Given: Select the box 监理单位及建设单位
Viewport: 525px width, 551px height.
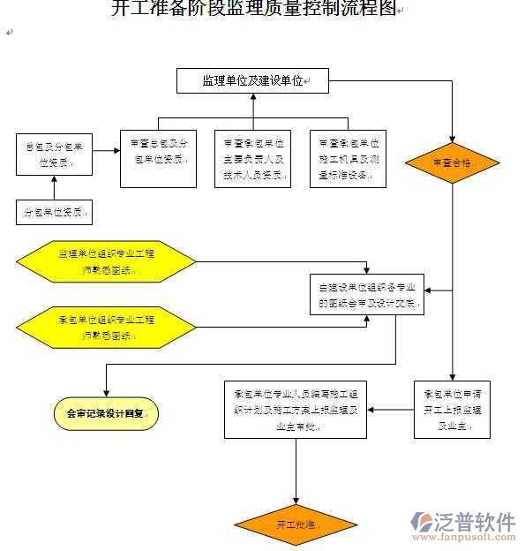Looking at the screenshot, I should coord(252,81).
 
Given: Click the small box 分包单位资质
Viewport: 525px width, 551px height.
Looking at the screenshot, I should coord(54,213).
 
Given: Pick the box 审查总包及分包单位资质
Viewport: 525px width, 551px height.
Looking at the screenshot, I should coord(157,157).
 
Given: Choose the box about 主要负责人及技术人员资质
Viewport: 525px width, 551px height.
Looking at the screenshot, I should coord(252,158).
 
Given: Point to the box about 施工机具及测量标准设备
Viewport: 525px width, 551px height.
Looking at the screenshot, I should coord(349,158).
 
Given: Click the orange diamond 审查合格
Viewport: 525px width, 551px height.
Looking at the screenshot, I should coord(453,163).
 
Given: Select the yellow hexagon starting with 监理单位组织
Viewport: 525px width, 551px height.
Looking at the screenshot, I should coord(106,261).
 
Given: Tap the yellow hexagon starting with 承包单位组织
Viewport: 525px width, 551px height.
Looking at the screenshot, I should coord(106,327).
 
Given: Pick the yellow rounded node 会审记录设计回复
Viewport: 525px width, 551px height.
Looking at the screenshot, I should coord(105,412).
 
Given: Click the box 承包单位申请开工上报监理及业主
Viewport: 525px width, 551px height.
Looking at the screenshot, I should coord(452,410).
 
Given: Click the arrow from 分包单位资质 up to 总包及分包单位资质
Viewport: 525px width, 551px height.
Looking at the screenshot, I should coord(54,187).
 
